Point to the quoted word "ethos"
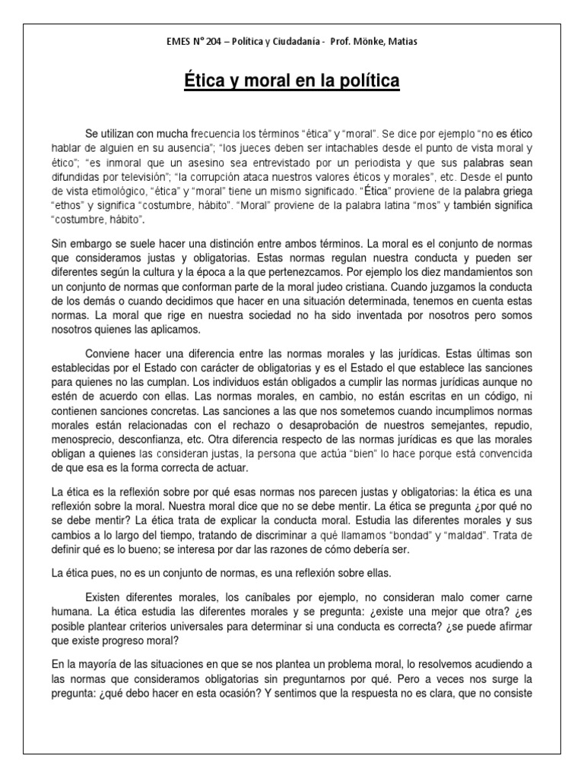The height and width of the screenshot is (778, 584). (68, 206)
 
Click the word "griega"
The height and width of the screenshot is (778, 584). (509, 191)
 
